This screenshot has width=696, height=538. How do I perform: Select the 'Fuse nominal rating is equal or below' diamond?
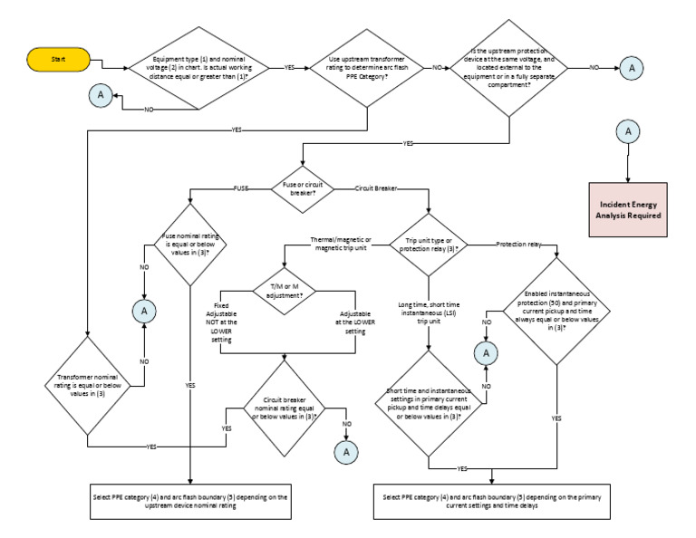[189, 244]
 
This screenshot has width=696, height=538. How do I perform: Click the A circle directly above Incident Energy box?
[625, 132]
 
